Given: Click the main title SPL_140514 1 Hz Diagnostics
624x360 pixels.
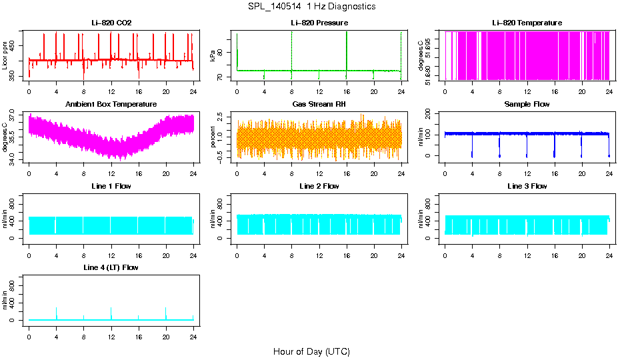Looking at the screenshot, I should tap(311, 7).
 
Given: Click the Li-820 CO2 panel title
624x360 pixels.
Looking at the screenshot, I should tap(111, 23).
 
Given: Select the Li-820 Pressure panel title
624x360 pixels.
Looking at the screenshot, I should tap(319, 23).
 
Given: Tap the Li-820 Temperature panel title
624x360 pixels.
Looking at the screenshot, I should tap(527, 23).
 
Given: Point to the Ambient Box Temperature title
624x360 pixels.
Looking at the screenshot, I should tap(111, 104).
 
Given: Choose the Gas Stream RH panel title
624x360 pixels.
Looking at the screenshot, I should tap(319, 104).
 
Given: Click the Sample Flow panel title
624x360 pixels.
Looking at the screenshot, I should tap(527, 104).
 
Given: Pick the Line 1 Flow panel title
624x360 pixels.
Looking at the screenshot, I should tap(111, 186).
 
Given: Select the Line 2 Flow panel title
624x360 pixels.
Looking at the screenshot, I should tap(319, 186).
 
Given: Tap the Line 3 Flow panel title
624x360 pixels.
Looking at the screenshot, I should tap(527, 186).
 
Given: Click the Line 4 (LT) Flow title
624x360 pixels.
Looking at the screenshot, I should tap(111, 267).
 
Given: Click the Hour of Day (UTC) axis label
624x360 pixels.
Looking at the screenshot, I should tap(311, 351).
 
